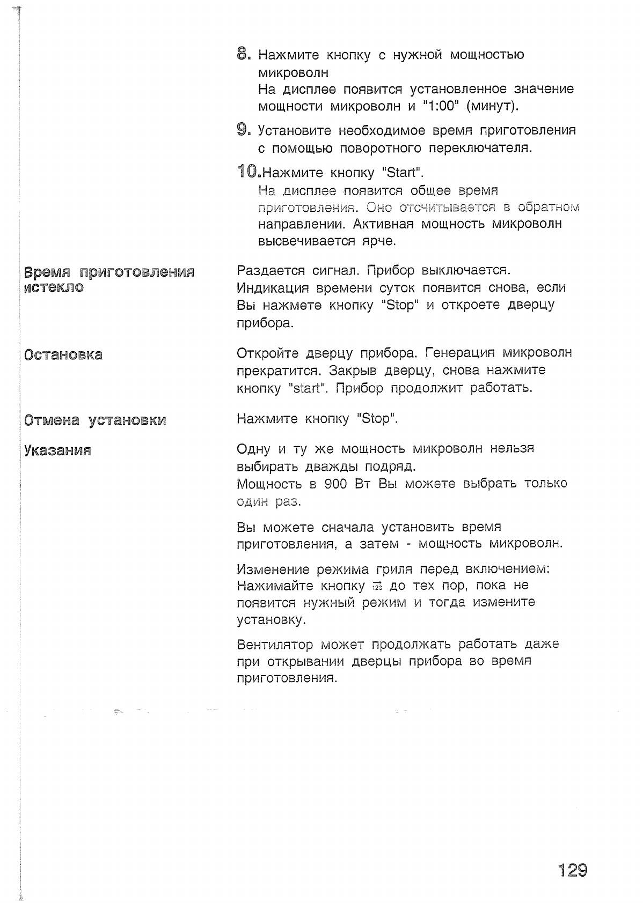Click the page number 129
(x=573, y=869)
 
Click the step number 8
(x=243, y=54)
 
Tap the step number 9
(x=243, y=130)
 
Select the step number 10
(x=248, y=172)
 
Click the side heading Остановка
(x=63, y=354)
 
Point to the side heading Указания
(x=57, y=450)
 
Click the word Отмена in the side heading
(x=52, y=420)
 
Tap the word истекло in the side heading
(x=54, y=287)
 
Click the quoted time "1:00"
(x=440, y=106)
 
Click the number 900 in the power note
(x=336, y=484)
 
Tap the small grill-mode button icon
(x=376, y=586)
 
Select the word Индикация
(x=273, y=287)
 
